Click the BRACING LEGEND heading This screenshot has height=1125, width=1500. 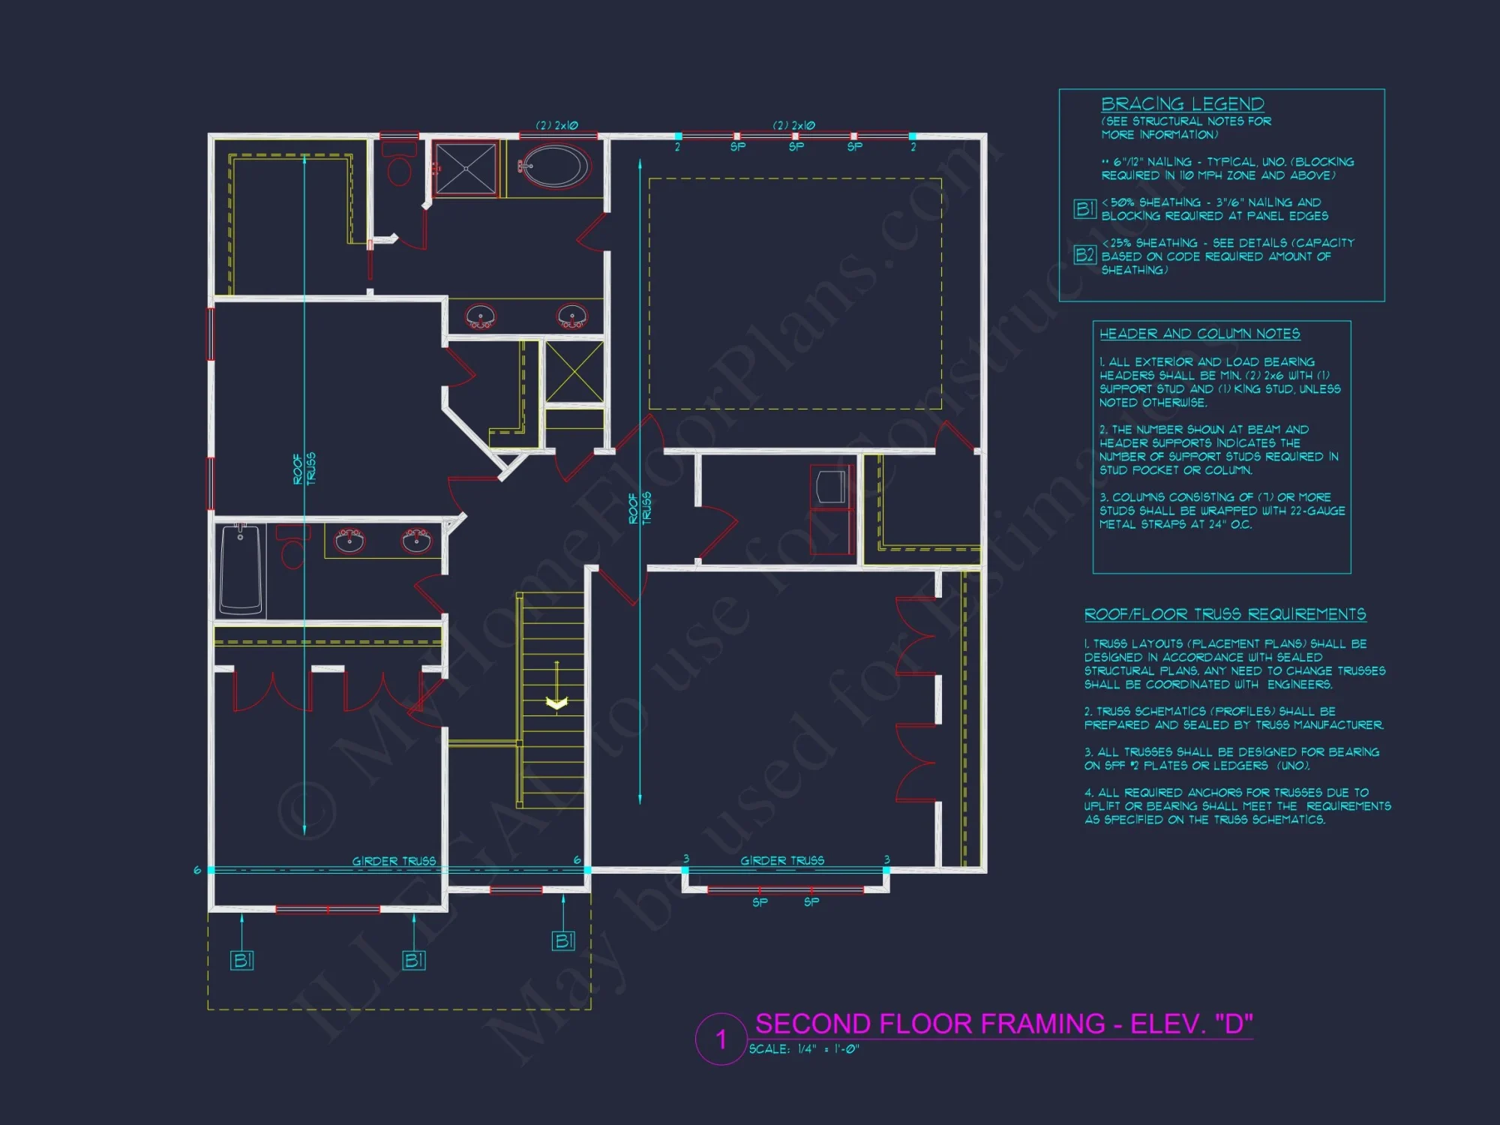click(1182, 103)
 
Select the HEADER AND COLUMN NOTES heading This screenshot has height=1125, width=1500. click(1199, 334)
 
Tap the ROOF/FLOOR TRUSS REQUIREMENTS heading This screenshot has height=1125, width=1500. click(1225, 614)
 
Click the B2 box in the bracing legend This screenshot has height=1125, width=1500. click(1084, 255)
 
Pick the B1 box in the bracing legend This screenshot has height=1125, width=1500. click(1084, 208)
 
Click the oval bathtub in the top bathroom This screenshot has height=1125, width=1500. click(555, 166)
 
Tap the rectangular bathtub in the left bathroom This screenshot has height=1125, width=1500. click(241, 569)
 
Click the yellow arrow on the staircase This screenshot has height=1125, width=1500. click(556, 703)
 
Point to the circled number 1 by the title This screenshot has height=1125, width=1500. click(721, 1039)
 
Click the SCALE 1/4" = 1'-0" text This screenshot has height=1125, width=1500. click(803, 1049)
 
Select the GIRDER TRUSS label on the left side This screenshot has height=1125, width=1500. click(394, 861)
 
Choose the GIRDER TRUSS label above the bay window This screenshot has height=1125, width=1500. click(781, 860)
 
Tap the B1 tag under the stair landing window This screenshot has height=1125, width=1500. click(563, 940)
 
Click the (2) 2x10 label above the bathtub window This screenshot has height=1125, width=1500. click(556, 125)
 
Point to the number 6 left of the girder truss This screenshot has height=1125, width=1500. click(197, 870)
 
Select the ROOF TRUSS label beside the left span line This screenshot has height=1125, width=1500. click(304, 469)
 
